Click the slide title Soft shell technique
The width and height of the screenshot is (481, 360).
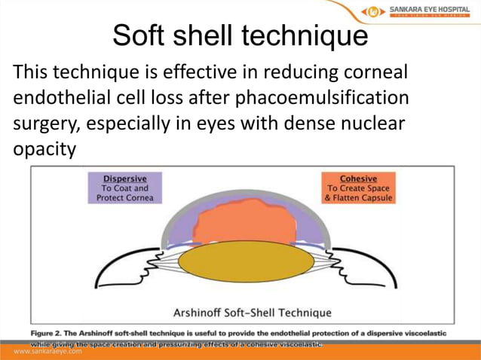tap(240, 35)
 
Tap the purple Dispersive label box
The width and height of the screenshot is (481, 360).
tap(124, 188)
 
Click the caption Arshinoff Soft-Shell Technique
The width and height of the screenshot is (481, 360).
tap(242, 312)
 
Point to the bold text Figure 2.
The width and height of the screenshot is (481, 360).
tap(54, 332)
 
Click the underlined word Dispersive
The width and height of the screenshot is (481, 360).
tap(124, 178)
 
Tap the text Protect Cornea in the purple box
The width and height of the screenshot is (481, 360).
tap(124, 198)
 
